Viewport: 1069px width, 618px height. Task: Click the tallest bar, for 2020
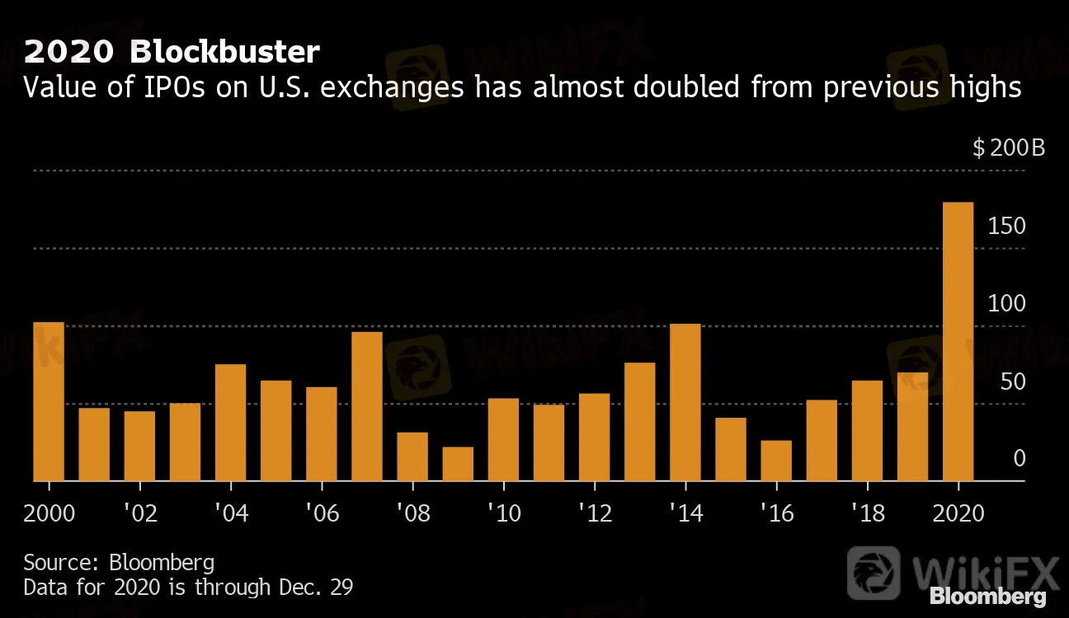pyautogui.click(x=958, y=341)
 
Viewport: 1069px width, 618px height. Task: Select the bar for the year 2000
pyautogui.click(x=49, y=401)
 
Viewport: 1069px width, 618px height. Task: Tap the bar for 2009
pyautogui.click(x=458, y=464)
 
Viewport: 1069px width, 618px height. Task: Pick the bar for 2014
pyautogui.click(x=685, y=402)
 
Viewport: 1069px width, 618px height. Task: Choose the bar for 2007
pyautogui.click(x=367, y=406)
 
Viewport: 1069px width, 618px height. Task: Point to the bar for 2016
pyautogui.click(x=776, y=461)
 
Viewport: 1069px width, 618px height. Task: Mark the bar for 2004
pyautogui.click(x=231, y=422)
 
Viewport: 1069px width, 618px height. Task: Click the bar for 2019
pyautogui.click(x=912, y=426)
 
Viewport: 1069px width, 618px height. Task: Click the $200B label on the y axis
pyautogui.click(x=1009, y=148)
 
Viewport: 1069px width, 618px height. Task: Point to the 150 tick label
pyautogui.click(x=1006, y=226)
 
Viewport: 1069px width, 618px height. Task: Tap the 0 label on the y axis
pyautogui.click(x=1020, y=459)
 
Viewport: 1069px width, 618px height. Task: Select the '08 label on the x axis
pyautogui.click(x=412, y=513)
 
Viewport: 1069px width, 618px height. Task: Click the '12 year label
pyautogui.click(x=595, y=513)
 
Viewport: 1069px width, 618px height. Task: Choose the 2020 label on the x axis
pyautogui.click(x=958, y=513)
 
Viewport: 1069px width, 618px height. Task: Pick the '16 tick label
pyautogui.click(x=776, y=513)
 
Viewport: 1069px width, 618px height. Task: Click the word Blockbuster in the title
pyautogui.click(x=224, y=53)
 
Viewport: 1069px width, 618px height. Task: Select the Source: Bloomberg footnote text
pyautogui.click(x=119, y=563)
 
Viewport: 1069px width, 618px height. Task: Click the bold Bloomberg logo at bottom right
pyautogui.click(x=987, y=596)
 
